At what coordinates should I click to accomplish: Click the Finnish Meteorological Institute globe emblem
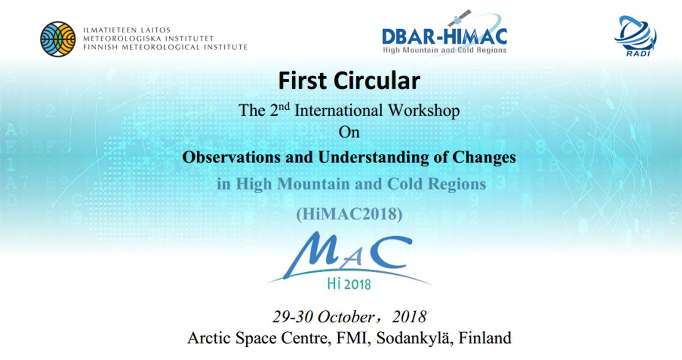(x=58, y=39)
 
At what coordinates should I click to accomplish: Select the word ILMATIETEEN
(x=105, y=30)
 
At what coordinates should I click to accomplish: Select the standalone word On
(x=349, y=133)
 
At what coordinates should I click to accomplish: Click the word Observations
(x=231, y=157)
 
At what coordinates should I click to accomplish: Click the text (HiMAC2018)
(x=349, y=214)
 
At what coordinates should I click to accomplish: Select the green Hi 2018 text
(x=349, y=284)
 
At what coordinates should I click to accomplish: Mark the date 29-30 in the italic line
(x=293, y=317)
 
